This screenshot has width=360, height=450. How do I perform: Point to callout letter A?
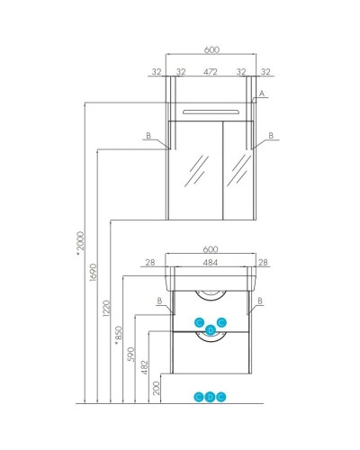(262, 94)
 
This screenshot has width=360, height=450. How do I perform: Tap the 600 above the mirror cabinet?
(211, 49)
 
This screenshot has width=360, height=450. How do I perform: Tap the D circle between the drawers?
(211, 330)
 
